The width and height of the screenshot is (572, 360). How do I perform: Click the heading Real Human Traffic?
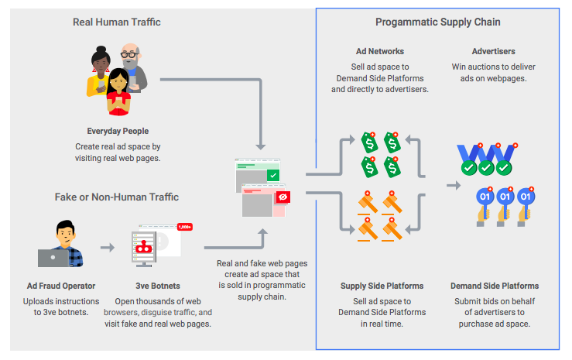117,22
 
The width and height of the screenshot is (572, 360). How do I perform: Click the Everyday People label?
118,131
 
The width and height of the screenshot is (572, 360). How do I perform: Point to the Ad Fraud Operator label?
60,286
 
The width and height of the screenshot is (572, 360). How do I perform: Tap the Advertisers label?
493,51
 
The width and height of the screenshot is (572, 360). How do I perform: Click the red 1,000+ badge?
185,227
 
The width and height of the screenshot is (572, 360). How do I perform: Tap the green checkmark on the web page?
272,176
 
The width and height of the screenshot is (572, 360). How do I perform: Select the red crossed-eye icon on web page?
282,197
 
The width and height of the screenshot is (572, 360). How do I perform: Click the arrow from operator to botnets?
108,248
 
